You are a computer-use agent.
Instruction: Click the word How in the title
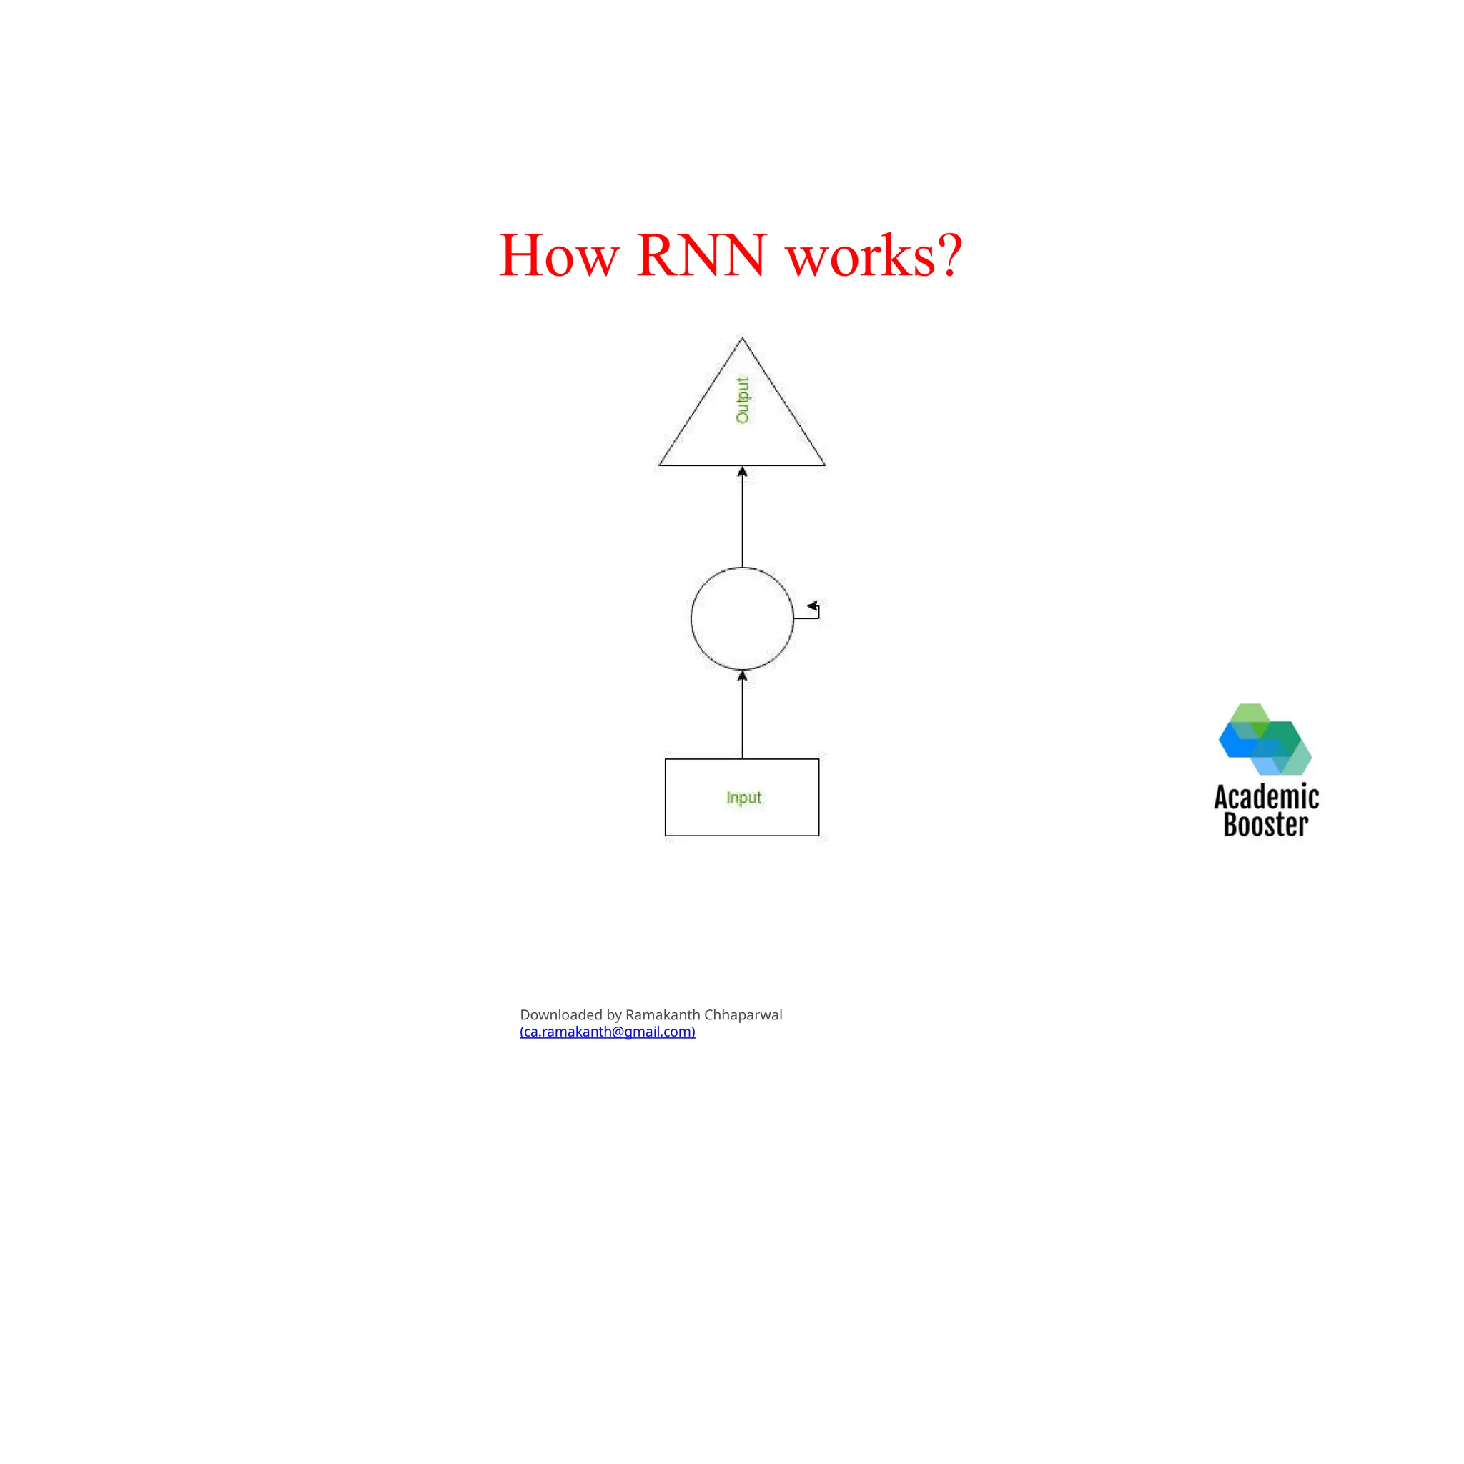pos(558,256)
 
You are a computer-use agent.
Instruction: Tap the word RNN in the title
pos(701,256)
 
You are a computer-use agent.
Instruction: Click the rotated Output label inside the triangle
pos(743,400)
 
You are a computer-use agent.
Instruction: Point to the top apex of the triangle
pos(742,340)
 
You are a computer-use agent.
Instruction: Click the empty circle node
pos(742,618)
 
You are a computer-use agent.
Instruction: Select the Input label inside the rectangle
pos(743,798)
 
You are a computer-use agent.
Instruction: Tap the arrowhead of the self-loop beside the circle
pos(812,606)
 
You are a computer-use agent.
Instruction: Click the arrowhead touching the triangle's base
pos(742,472)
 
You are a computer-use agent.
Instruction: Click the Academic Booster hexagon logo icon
pos(1265,740)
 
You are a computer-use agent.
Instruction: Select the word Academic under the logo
pos(1266,797)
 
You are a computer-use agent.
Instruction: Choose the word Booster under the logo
pos(1265,824)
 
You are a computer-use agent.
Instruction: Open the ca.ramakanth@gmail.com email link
pos(607,1032)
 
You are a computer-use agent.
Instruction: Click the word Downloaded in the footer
pos(560,1014)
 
